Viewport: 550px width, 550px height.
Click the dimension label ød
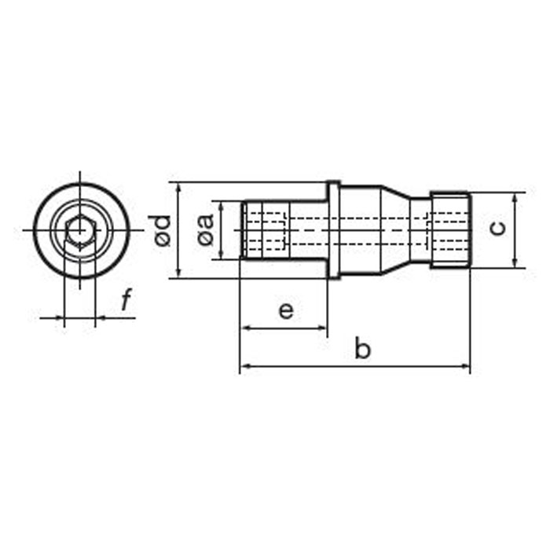click(x=159, y=230)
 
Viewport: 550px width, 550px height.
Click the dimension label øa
click(x=206, y=229)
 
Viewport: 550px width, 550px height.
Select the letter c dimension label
click(x=497, y=229)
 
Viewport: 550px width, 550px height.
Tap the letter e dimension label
click(x=286, y=311)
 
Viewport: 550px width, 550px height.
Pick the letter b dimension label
click(x=362, y=347)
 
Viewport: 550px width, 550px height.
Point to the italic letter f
click(x=126, y=299)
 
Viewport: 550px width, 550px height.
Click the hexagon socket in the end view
click(x=80, y=232)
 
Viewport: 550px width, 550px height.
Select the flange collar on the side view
click(x=333, y=230)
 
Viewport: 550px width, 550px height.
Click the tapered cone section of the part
click(x=395, y=230)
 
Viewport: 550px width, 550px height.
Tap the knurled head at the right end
click(x=450, y=230)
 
